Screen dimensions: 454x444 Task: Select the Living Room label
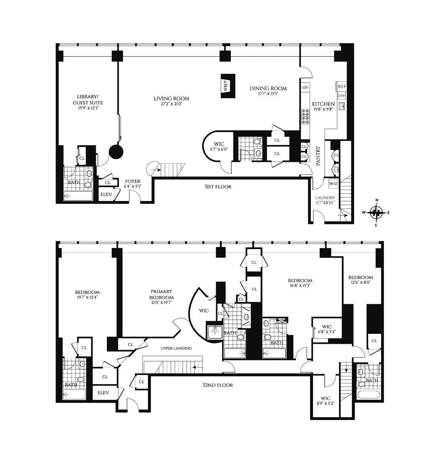171,98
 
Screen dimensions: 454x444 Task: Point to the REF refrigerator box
342,86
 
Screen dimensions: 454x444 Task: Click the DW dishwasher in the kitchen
342,96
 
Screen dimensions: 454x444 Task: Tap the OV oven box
305,88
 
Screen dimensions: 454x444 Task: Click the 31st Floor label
218,187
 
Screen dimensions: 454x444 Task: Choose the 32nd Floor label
218,385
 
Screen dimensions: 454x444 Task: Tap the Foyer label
132,181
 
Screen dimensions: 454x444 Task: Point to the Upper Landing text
176,348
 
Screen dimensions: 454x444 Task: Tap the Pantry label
318,156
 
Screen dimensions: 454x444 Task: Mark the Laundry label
325,198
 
